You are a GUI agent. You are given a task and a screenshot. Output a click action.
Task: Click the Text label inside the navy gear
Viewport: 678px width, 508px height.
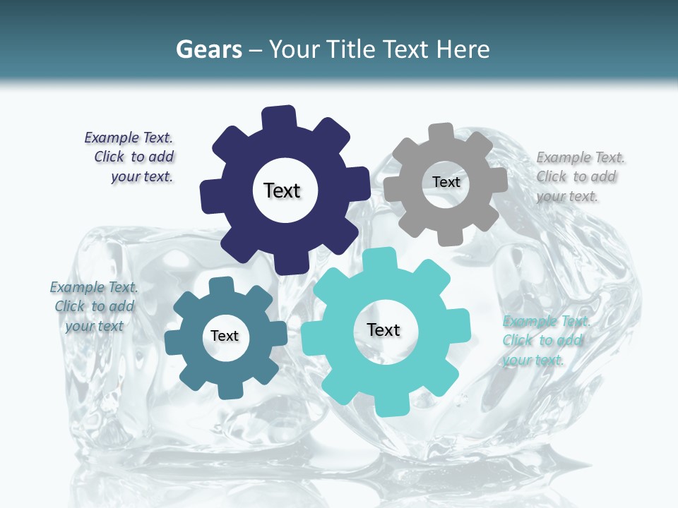pos(282,190)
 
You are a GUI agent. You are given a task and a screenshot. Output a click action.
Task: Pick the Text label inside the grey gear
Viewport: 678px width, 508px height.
pos(446,182)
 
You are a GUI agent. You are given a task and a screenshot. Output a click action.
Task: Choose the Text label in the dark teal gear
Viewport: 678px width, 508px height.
pos(225,336)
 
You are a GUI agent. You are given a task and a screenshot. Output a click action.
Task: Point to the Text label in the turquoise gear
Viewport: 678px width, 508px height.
pos(383,329)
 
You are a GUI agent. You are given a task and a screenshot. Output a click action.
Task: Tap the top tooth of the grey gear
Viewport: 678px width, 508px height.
pos(441,132)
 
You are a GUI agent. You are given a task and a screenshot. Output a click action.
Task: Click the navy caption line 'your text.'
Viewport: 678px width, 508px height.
pos(142,176)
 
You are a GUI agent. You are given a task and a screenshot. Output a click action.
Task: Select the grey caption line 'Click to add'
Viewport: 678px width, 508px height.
pos(576,177)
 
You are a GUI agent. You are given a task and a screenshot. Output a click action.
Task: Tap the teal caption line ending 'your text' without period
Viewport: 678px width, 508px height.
pos(95,326)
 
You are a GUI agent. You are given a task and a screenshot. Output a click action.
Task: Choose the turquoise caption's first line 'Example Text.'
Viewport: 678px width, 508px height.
pos(546,322)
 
